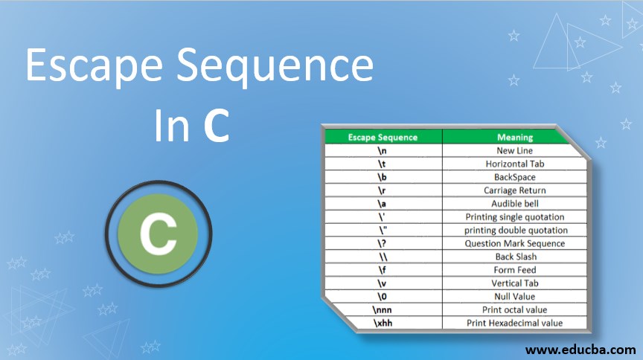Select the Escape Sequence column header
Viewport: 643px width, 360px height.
(x=383, y=137)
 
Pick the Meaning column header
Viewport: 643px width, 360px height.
(x=514, y=137)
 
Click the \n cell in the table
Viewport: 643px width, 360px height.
(x=383, y=150)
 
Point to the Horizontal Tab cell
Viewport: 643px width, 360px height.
(x=514, y=164)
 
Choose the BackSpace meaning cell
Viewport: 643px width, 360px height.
(x=514, y=177)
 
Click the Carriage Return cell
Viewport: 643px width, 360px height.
(x=514, y=190)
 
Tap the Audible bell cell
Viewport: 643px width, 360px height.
(x=514, y=203)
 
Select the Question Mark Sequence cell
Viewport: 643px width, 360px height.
(x=514, y=243)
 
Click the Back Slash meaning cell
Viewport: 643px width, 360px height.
(x=514, y=257)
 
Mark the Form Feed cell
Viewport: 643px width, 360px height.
(x=514, y=270)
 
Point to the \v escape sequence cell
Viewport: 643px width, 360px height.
(x=383, y=283)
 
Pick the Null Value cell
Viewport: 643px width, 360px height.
(x=514, y=297)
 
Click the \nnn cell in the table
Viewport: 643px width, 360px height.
(x=383, y=309)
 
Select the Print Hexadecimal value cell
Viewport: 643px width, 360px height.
(x=514, y=323)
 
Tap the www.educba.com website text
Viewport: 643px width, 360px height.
(x=580, y=349)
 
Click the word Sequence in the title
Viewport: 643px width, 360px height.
(x=283, y=66)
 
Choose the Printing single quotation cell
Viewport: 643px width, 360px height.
(x=514, y=216)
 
